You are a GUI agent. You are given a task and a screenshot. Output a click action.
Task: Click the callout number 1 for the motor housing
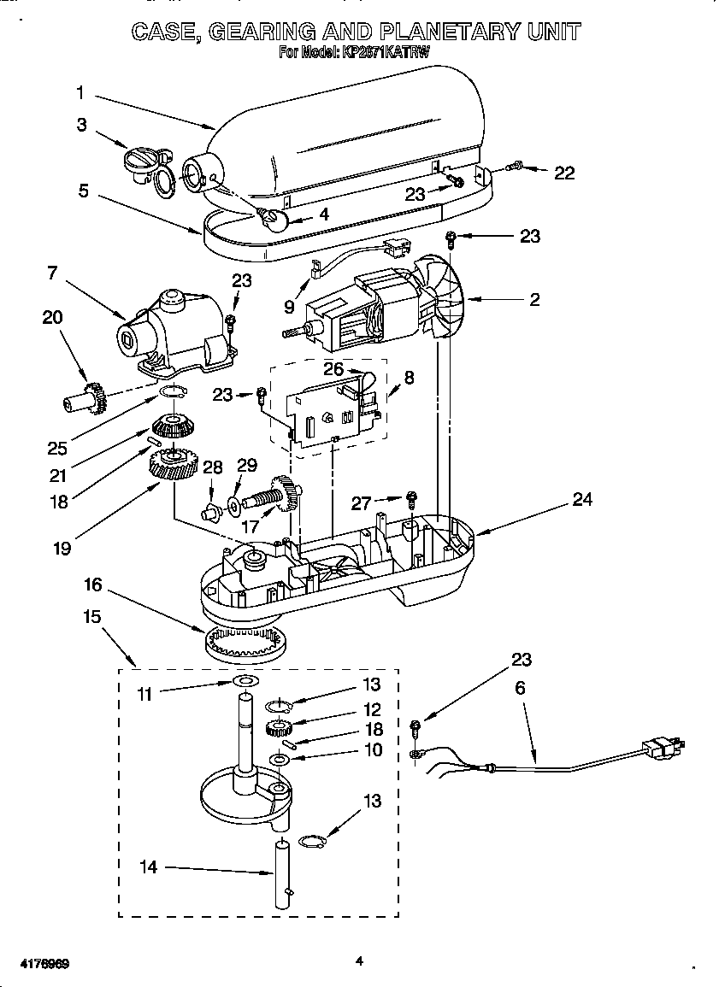coord(80,92)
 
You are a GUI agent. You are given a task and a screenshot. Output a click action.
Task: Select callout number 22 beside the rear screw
coord(564,173)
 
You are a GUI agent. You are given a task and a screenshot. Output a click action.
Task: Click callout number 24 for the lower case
coord(581,500)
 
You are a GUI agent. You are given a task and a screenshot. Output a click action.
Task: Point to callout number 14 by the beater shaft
coord(149,867)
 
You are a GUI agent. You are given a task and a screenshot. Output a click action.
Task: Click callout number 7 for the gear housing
coord(52,273)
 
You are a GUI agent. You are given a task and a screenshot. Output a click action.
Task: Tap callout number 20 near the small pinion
coord(52,317)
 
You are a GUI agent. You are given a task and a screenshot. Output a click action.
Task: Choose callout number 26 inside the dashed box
coord(333,369)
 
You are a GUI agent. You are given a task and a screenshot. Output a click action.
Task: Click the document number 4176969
coord(41,963)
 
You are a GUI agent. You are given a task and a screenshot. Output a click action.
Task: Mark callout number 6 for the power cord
coord(521,688)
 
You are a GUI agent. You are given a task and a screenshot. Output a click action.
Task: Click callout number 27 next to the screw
coord(362,504)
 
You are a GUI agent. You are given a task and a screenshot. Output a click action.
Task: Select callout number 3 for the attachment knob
coord(81,125)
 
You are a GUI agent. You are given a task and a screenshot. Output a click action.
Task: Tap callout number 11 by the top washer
coord(145,694)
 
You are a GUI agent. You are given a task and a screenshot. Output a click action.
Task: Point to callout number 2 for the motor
coord(534,299)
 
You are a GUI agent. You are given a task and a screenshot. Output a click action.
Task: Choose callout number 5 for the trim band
coord(83,191)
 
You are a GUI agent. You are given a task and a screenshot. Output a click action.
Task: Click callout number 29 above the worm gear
coord(246,465)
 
